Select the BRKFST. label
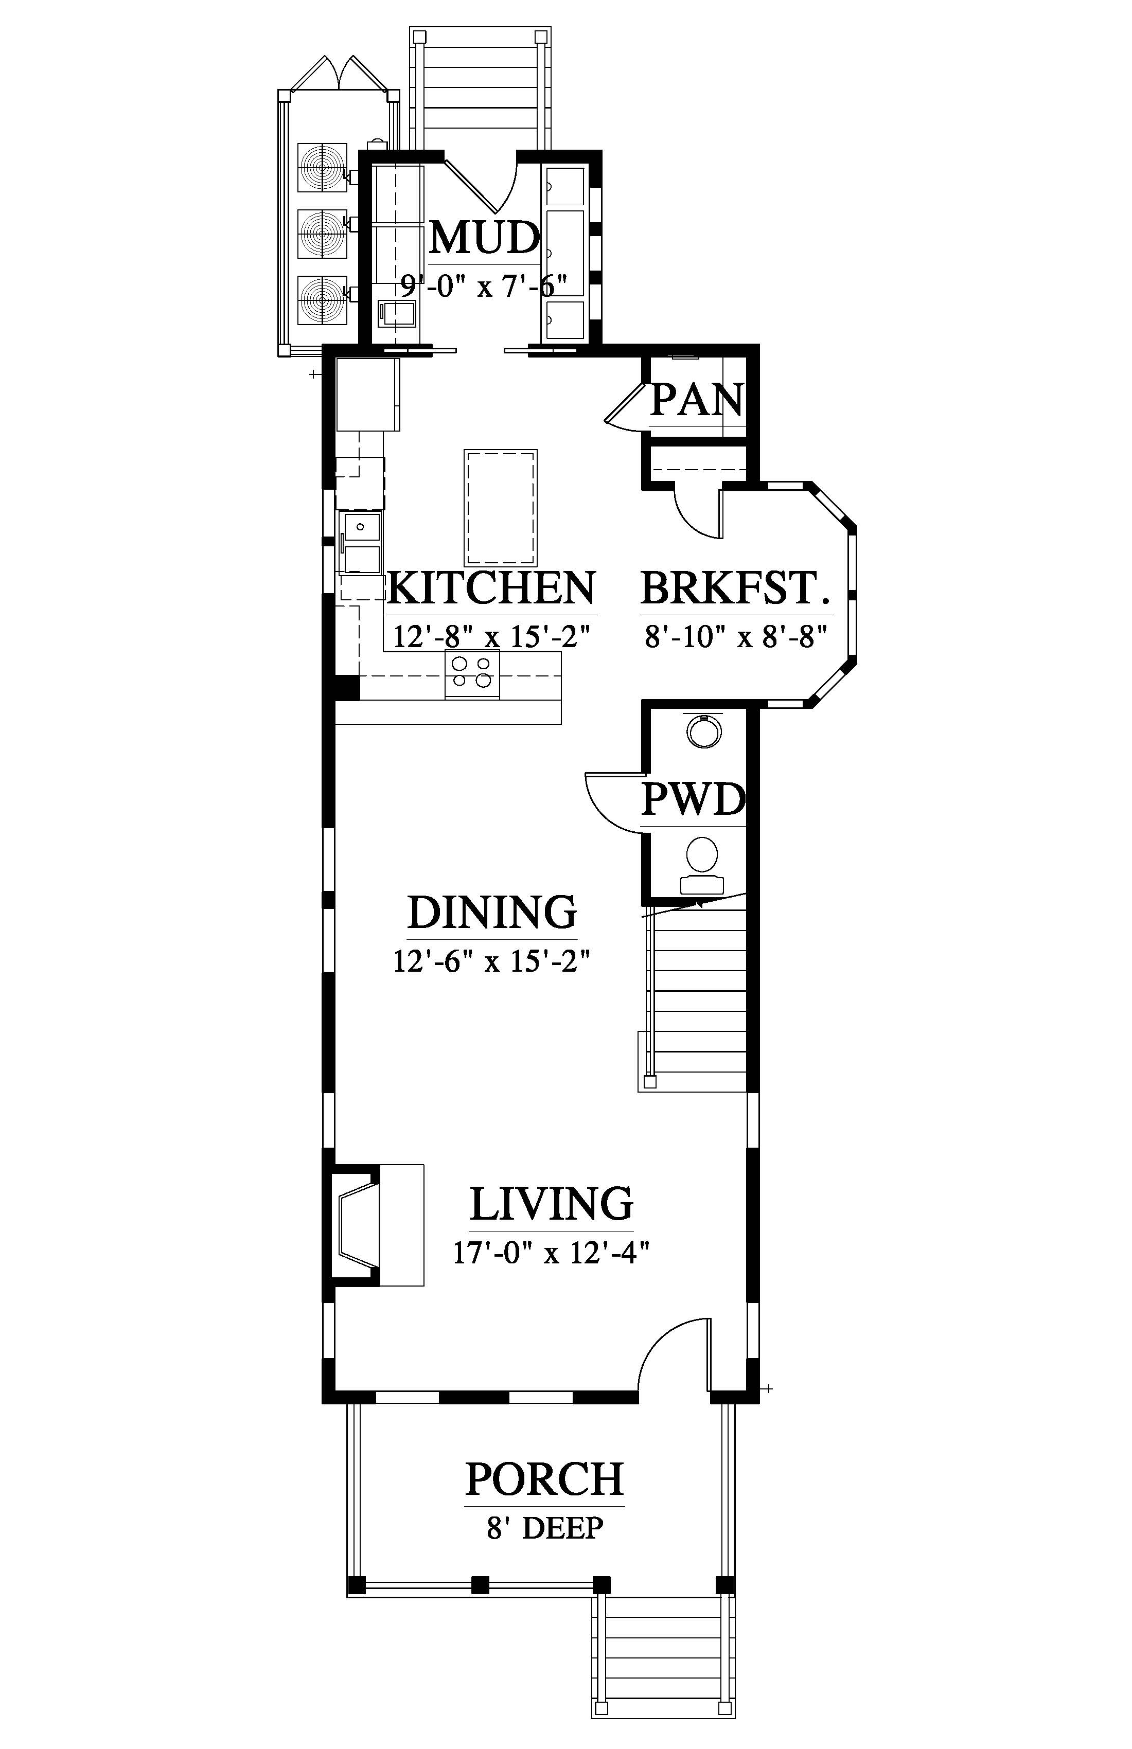tap(736, 588)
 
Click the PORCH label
tap(545, 1479)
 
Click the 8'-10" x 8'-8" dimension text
tap(736, 636)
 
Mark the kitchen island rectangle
tap(500, 508)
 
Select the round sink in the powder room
tap(704, 730)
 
